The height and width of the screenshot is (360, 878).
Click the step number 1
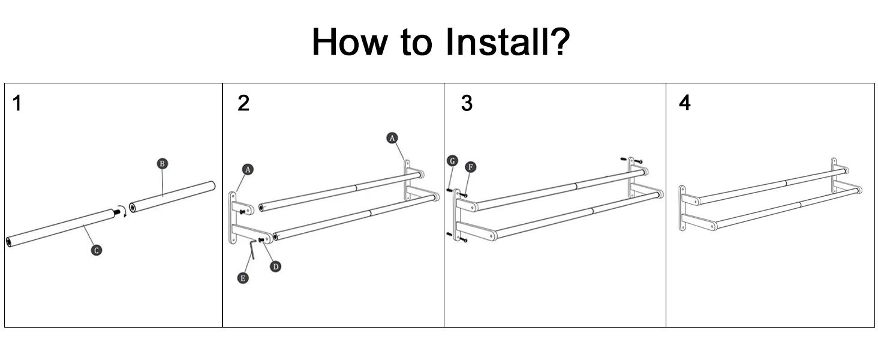click(17, 104)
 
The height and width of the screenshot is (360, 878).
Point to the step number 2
click(243, 104)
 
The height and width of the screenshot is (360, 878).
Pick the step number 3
click(467, 104)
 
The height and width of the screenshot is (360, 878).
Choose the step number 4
click(684, 103)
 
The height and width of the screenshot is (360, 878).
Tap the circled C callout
click(96, 250)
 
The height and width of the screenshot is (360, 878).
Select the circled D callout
click(275, 266)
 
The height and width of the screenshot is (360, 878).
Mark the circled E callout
click(242, 278)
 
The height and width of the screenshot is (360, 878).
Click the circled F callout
click(471, 166)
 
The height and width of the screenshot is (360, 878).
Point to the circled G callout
click(452, 161)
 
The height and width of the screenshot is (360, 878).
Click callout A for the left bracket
click(248, 170)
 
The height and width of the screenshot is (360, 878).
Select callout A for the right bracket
click(392, 138)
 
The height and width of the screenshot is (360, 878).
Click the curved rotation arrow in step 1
click(122, 210)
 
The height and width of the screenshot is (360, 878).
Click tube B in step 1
click(172, 196)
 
